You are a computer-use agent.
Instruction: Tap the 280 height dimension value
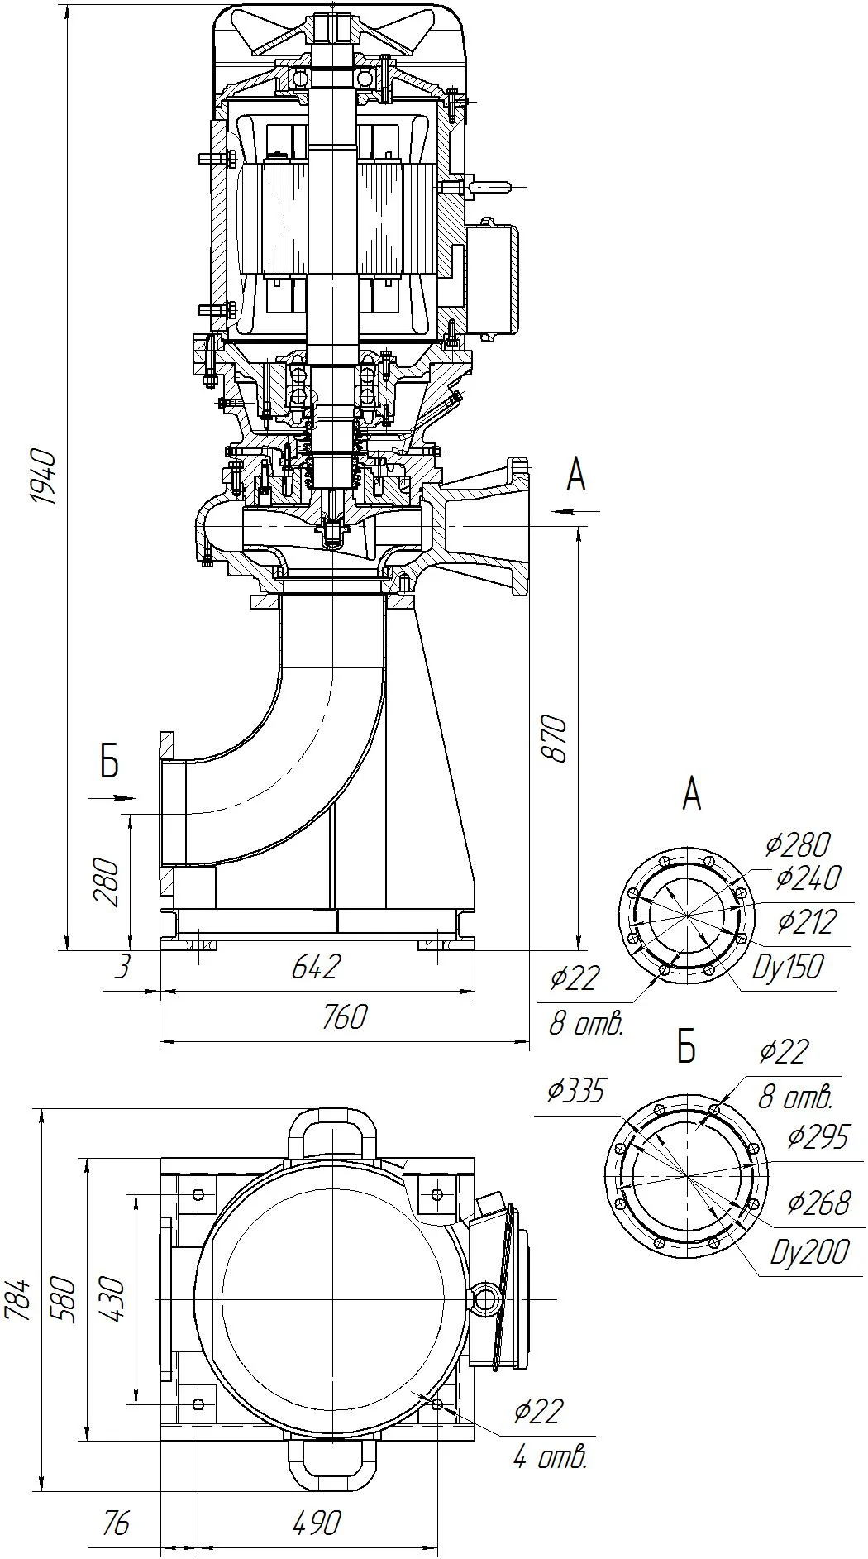(x=108, y=882)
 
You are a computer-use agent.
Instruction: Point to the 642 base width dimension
(x=317, y=966)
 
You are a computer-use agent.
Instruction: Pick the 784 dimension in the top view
(x=18, y=1298)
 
